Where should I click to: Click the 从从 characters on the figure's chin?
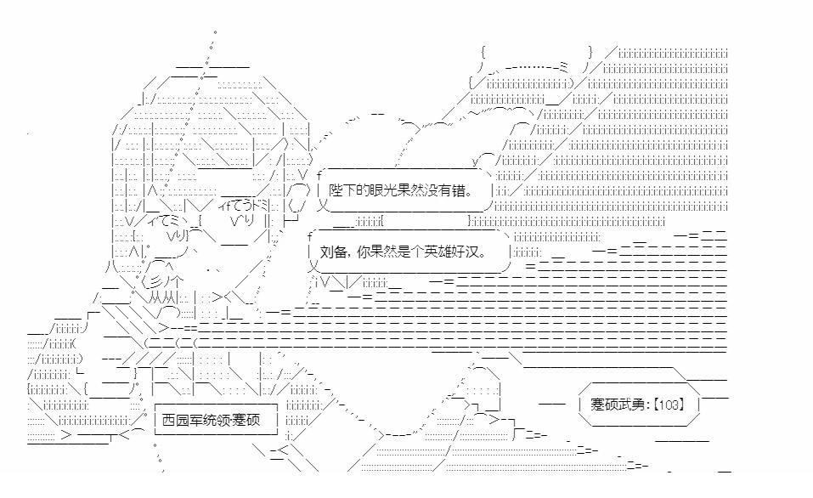click(161, 297)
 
